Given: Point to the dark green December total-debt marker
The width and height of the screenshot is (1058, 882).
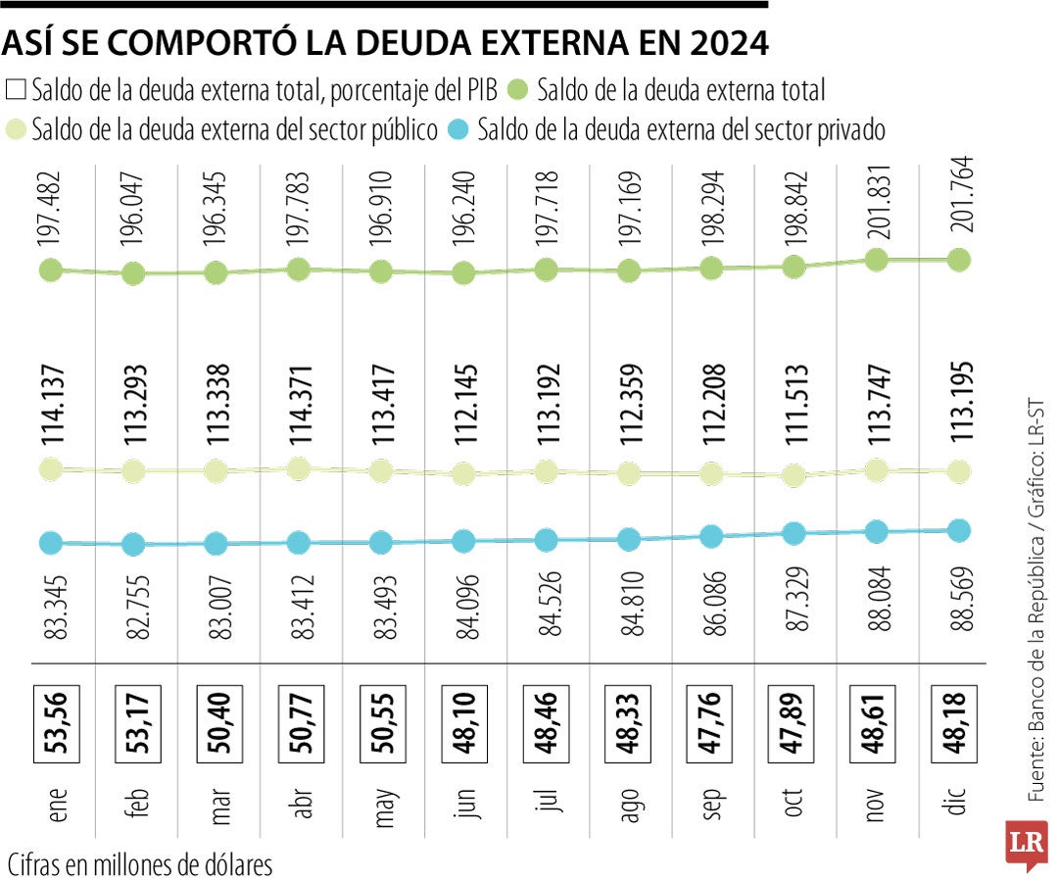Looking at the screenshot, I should tap(960, 260).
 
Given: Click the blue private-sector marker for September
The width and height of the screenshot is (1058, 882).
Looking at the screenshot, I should tap(712, 536).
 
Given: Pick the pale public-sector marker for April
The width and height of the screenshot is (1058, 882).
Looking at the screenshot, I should tap(300, 469).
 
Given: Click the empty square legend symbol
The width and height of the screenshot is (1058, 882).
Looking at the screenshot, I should tap(16, 91).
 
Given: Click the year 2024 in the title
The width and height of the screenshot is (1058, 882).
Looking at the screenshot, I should tap(726, 44).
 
